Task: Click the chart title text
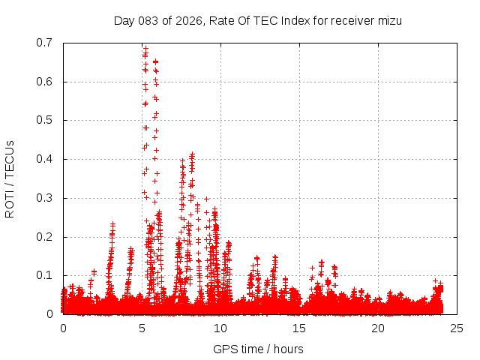click(x=257, y=21)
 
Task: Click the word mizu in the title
click(x=389, y=21)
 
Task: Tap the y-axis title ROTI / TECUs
click(x=10, y=178)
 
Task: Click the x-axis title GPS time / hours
click(x=257, y=349)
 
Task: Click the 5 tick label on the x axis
click(x=142, y=328)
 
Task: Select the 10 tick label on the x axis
click(x=220, y=328)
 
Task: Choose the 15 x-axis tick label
click(x=299, y=328)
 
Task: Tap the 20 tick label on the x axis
click(x=378, y=328)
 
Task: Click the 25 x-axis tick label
click(x=457, y=328)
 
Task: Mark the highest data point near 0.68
click(x=145, y=49)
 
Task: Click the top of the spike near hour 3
click(x=112, y=223)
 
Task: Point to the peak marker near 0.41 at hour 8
click(x=192, y=154)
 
